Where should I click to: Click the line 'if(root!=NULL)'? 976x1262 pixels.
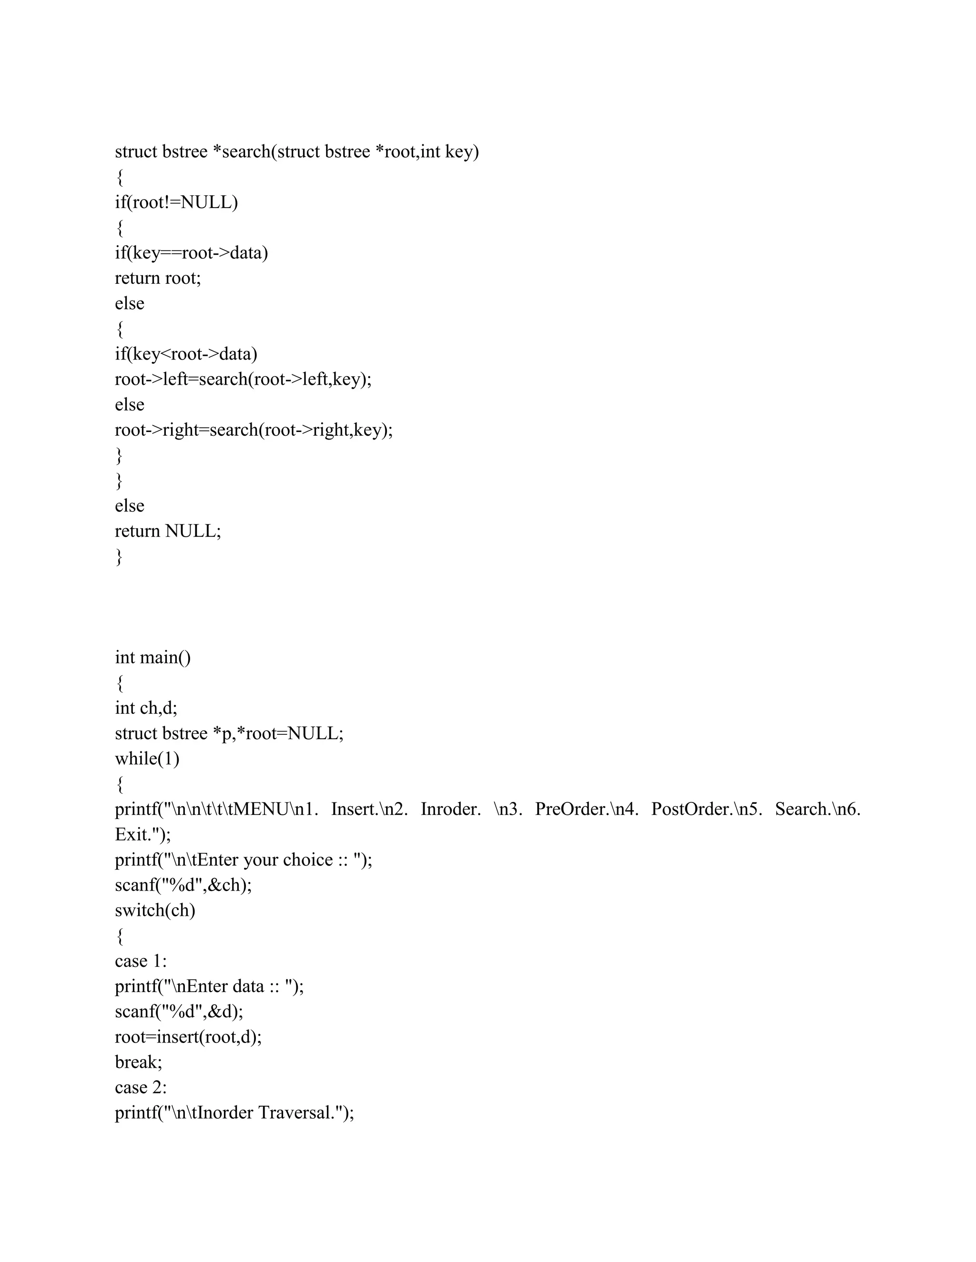coord(176,202)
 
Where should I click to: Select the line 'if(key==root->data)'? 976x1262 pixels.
coord(192,253)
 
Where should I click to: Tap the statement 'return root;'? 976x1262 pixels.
coord(158,278)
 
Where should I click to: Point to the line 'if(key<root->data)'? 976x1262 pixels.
coord(186,354)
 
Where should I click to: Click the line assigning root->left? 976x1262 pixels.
coord(243,380)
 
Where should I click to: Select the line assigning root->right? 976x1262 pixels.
coord(253,430)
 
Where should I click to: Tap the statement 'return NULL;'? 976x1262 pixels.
coord(168,531)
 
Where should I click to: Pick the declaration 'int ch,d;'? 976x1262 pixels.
coord(146,708)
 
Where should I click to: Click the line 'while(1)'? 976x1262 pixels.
coord(147,759)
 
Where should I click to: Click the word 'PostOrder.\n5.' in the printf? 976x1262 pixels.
coord(706,810)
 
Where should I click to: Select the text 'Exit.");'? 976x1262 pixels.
coord(143,834)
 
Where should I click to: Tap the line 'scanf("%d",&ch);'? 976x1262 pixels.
coord(183,885)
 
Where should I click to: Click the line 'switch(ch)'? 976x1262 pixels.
coord(155,911)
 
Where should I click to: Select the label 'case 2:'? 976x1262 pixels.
coord(141,1088)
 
